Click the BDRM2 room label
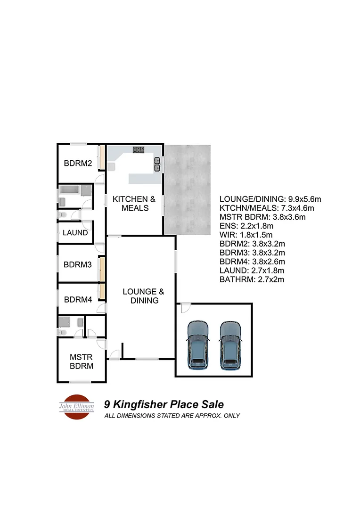click(78, 164)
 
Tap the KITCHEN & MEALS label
click(134, 204)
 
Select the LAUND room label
click(75, 233)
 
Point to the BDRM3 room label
click(78, 265)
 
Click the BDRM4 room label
click(78, 299)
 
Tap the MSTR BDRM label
click(81, 361)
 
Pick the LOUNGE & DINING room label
click(144, 296)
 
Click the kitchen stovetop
click(139, 150)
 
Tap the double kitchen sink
click(157, 164)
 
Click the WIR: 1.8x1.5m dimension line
click(247, 235)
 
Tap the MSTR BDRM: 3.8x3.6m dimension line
click(263, 217)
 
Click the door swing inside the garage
click(185, 307)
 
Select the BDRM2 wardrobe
click(101, 158)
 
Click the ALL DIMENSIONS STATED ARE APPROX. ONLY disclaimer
click(172, 416)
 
